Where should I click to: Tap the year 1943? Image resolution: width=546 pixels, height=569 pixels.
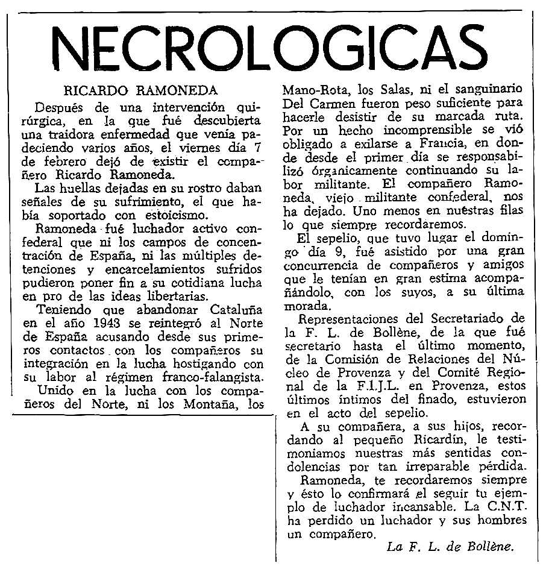[x=110, y=324]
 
